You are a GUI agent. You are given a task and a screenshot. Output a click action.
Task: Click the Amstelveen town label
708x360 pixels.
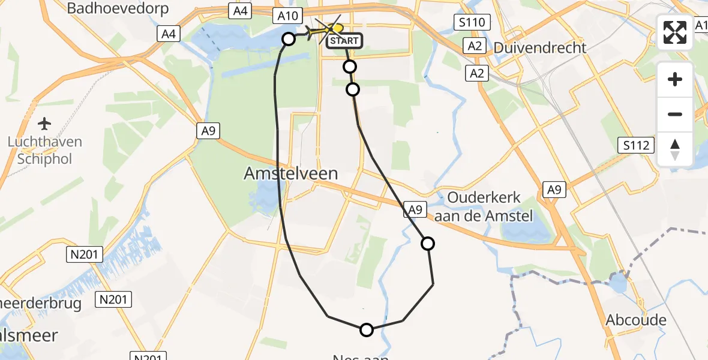point(291,174)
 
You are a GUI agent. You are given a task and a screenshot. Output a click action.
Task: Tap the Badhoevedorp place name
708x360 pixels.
point(118,8)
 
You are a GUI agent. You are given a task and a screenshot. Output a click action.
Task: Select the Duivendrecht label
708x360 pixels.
point(539,47)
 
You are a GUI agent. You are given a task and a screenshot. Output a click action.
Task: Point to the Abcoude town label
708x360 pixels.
point(636,320)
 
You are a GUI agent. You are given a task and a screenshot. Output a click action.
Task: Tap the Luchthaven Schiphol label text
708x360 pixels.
point(44,151)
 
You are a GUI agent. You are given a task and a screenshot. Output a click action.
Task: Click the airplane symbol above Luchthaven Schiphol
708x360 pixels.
point(44,124)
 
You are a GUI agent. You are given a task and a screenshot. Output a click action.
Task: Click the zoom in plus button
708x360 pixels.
point(675,79)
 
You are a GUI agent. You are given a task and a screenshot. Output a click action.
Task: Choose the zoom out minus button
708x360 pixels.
point(675,114)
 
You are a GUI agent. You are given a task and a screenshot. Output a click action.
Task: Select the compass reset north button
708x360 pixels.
point(675,149)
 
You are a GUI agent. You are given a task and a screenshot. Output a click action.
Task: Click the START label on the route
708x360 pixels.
point(344,41)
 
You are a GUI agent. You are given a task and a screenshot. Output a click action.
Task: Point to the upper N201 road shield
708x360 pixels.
point(79,254)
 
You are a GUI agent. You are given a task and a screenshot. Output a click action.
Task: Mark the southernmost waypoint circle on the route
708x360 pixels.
point(366,329)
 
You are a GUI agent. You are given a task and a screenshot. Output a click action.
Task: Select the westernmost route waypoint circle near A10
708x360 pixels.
point(289,39)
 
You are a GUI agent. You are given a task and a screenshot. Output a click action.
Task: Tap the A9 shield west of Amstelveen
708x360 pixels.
point(208,130)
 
